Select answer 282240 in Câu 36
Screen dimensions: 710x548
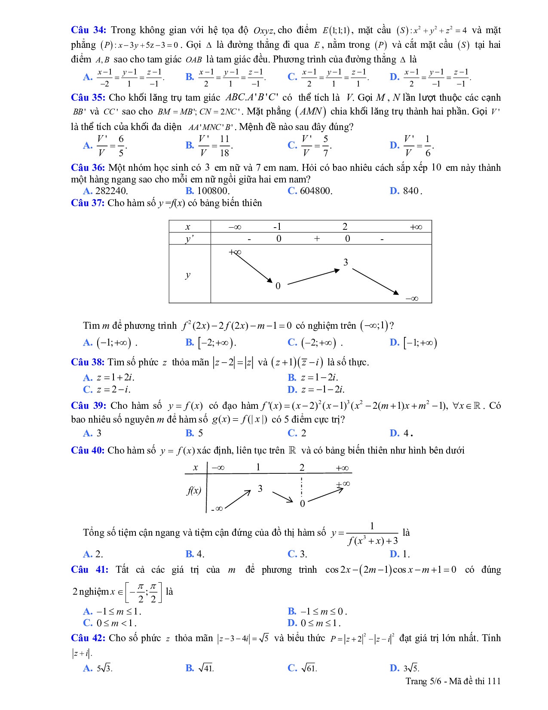(111, 191)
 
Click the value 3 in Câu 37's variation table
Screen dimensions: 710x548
(346, 262)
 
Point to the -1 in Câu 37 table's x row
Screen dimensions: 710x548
(277, 227)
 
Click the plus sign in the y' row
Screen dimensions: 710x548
(317, 239)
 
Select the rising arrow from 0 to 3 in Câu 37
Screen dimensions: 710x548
(313, 277)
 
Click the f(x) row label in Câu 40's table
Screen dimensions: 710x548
(194, 491)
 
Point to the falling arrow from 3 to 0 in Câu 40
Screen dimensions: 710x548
(283, 496)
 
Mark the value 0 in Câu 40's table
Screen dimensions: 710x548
(302, 503)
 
